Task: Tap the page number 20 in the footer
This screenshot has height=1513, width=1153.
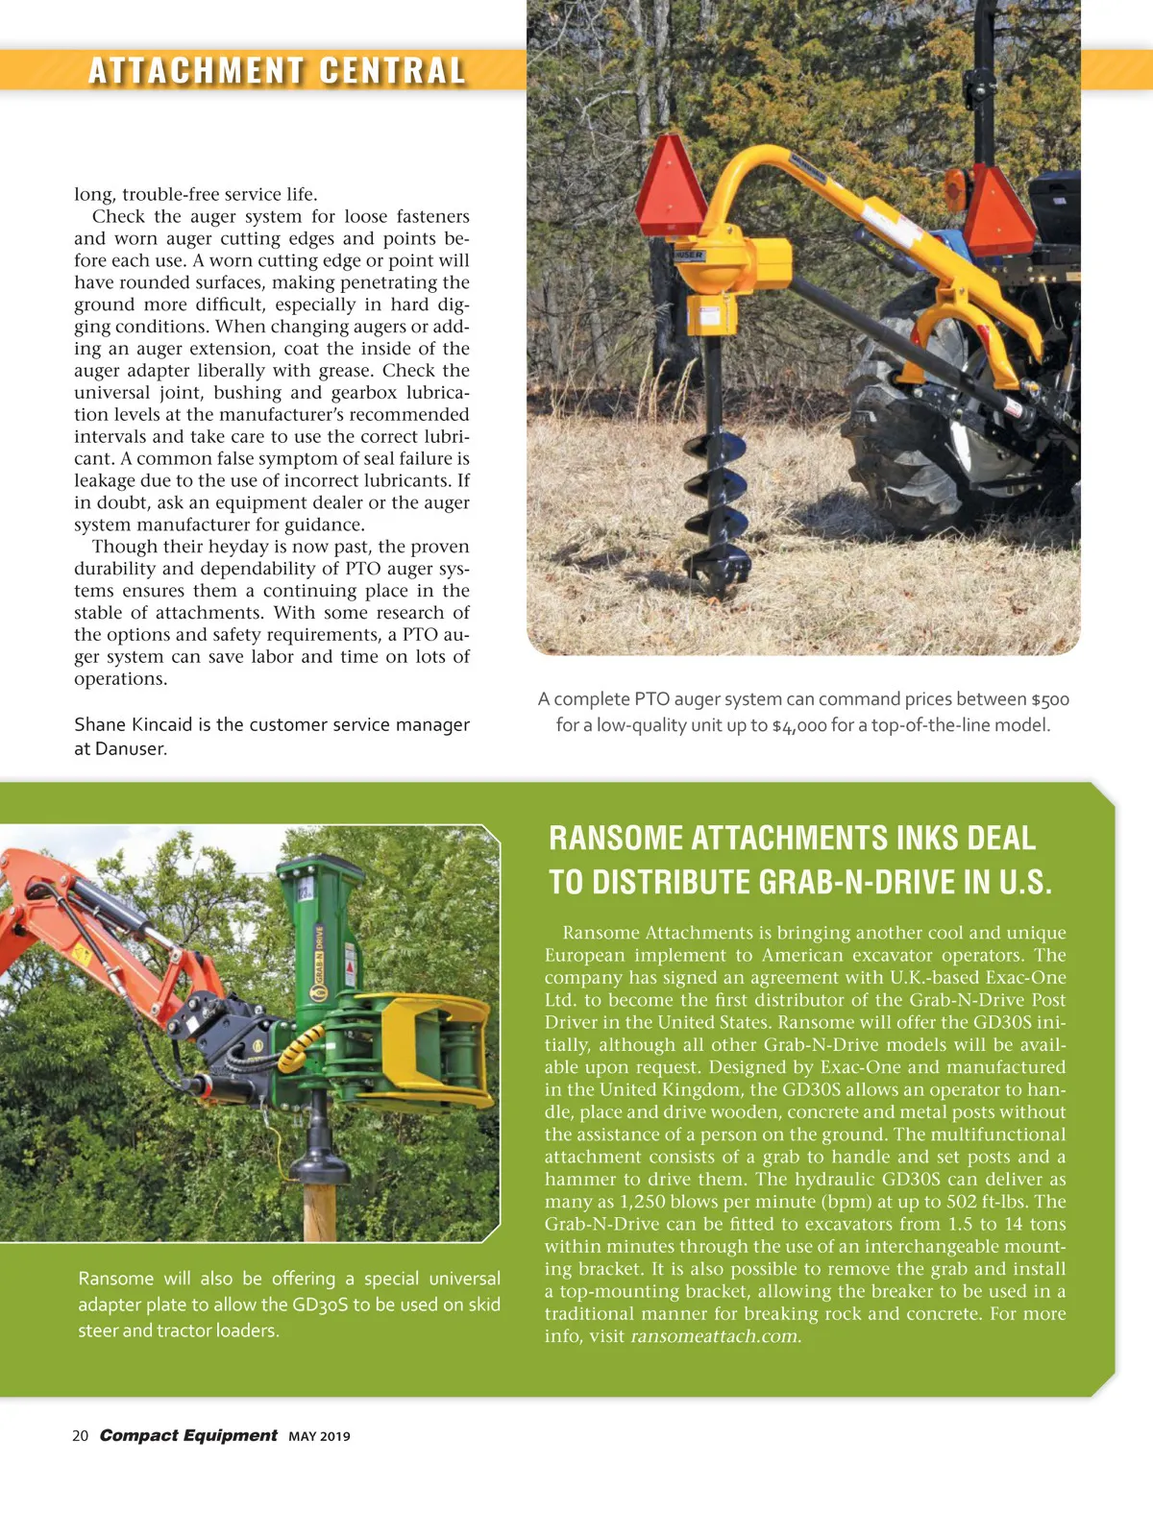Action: (x=80, y=1435)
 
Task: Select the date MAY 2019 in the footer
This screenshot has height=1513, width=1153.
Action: (x=319, y=1436)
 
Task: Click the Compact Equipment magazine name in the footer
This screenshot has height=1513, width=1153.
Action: (x=188, y=1435)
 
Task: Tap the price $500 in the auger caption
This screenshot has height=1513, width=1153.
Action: (x=1050, y=699)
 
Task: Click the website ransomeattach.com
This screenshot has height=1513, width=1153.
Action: (x=715, y=1336)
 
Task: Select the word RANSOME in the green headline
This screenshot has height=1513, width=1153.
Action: (x=616, y=838)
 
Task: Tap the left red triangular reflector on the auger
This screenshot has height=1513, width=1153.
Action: (x=672, y=187)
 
